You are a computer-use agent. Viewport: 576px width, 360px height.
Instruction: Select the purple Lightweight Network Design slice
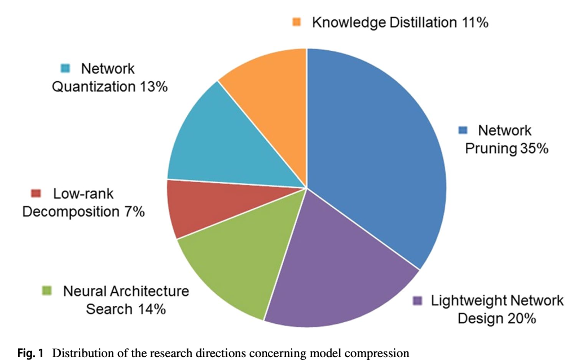coord(338,271)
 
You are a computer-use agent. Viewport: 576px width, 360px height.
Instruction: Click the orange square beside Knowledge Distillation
coord(297,23)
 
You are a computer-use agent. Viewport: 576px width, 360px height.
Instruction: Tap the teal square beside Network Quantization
coord(65,69)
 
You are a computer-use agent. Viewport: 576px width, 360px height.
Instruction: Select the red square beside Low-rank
coord(37,194)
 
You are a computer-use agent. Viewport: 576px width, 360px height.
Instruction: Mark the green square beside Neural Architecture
coord(47,291)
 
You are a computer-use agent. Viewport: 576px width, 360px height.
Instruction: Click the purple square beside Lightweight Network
coord(417,301)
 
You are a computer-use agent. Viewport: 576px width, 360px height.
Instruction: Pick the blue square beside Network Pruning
coord(463,130)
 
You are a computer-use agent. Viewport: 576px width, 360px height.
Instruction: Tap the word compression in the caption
coord(380,354)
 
